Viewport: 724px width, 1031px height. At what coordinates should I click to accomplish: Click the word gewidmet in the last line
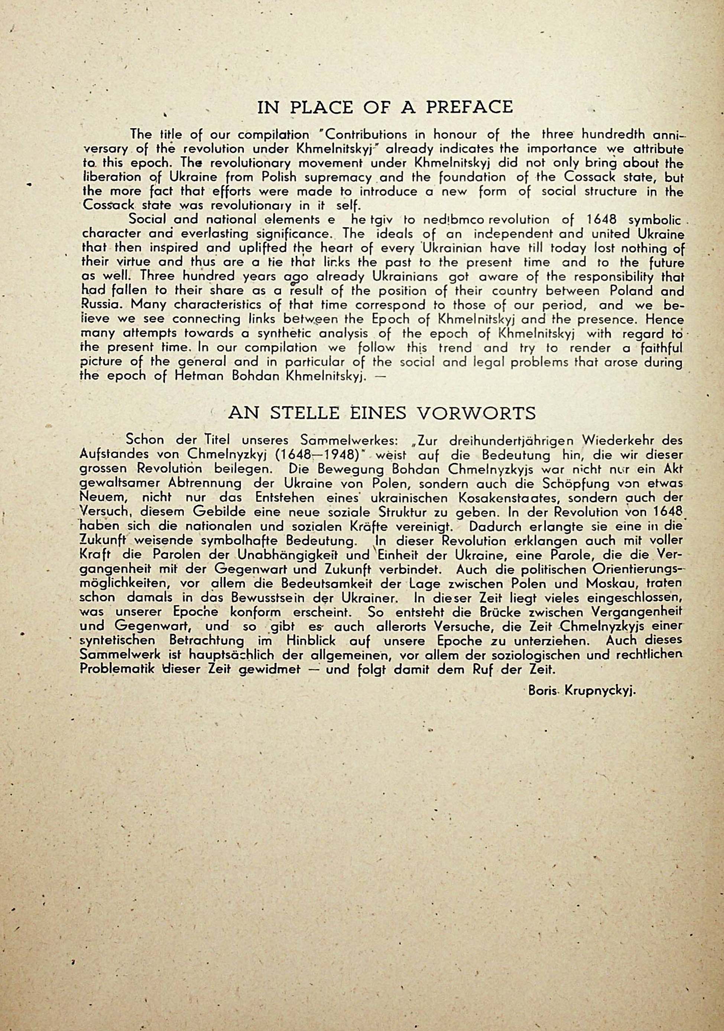274,669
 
